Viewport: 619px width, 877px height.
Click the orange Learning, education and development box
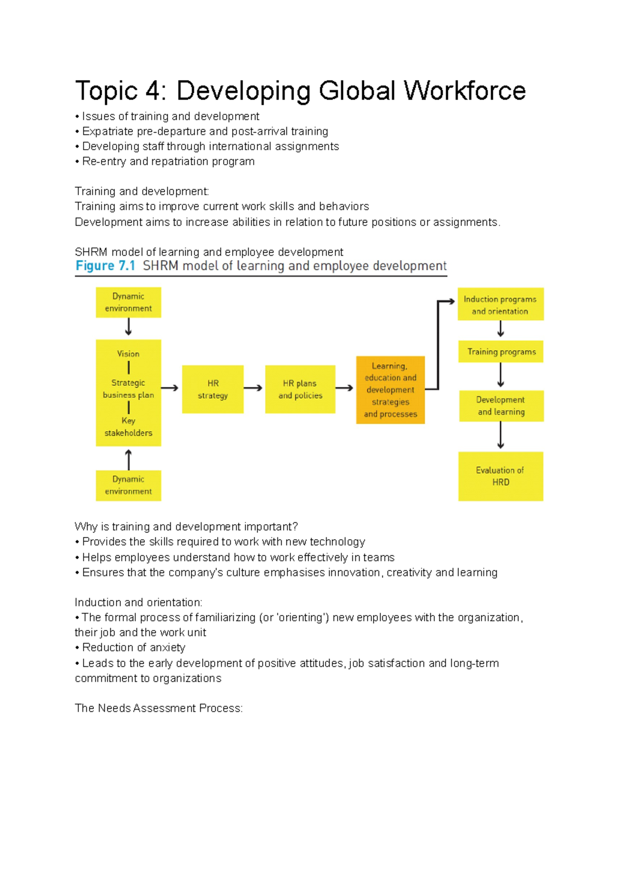pyautogui.click(x=390, y=390)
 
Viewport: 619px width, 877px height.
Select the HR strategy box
pyautogui.click(x=213, y=389)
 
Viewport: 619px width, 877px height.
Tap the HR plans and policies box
pyautogui.click(x=300, y=389)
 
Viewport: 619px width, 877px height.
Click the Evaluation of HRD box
pyautogui.click(x=500, y=476)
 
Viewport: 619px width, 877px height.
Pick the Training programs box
pyautogui.click(x=501, y=352)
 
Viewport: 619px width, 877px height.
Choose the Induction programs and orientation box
pyautogui.click(x=500, y=305)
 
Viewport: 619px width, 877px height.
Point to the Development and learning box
pyautogui.click(x=501, y=406)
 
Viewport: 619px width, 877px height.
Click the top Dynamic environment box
pyautogui.click(x=128, y=302)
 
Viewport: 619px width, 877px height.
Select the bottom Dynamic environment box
pyautogui.click(x=128, y=486)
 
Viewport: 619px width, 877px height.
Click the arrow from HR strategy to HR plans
pyautogui.click(x=253, y=388)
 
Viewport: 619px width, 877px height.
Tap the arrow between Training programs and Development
pyautogui.click(x=500, y=375)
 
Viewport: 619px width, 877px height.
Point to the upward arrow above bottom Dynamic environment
pyautogui.click(x=128, y=459)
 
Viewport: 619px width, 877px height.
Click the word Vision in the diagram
pyautogui.click(x=128, y=354)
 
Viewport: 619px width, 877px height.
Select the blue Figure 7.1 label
pyautogui.click(x=105, y=266)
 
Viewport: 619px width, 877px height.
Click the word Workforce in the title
pyautogui.click(x=464, y=91)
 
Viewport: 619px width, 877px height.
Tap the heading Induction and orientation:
pyautogui.click(x=138, y=602)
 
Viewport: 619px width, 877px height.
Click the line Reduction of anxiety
pyautogui.click(x=133, y=648)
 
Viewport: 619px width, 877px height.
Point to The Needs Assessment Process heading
pyautogui.click(x=158, y=708)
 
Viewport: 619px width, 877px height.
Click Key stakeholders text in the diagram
pyautogui.click(x=128, y=427)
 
